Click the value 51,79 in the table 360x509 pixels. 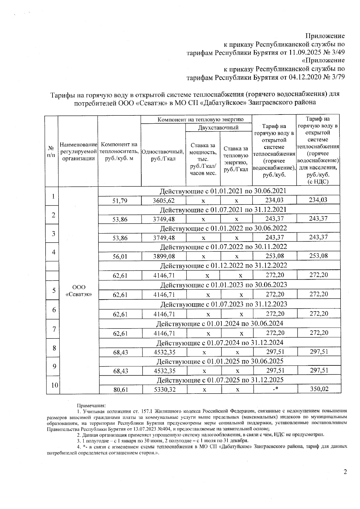(120, 201)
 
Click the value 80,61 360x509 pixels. (121, 389)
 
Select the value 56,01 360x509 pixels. (120, 257)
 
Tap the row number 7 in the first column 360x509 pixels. (54, 329)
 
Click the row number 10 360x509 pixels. (54, 385)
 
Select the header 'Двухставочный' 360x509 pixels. (218, 127)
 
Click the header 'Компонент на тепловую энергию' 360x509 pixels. (196, 119)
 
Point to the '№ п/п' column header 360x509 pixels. (51, 152)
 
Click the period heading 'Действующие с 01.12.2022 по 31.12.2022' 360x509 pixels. (223, 266)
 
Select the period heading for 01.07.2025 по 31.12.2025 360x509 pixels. (220, 380)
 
